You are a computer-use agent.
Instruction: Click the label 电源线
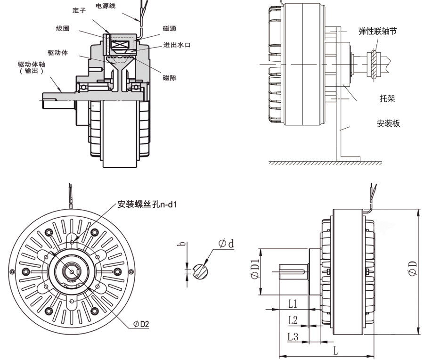tap(106, 6)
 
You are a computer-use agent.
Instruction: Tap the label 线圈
tap(63, 29)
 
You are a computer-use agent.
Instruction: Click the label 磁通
tap(170, 29)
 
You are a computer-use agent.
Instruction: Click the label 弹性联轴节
tap(377, 31)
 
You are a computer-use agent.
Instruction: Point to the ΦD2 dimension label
tap(141, 324)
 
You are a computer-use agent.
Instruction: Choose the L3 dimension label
tap(293, 336)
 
